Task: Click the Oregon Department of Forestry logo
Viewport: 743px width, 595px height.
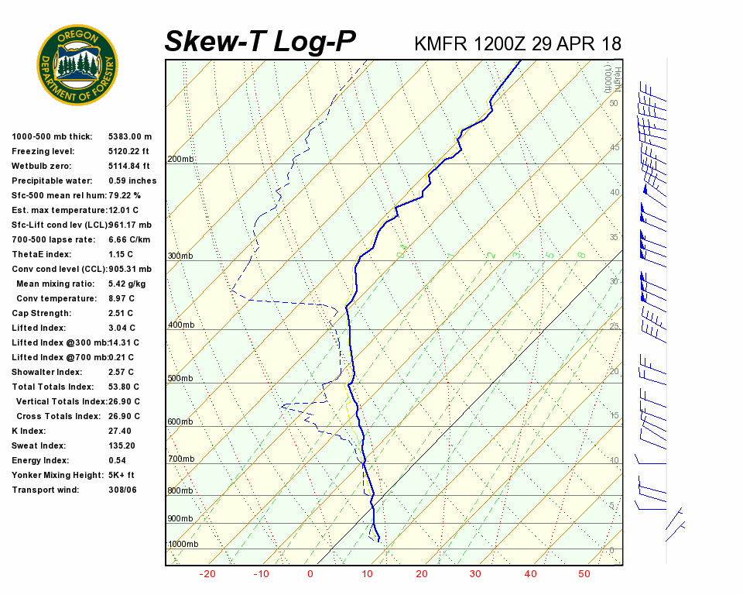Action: tap(77, 64)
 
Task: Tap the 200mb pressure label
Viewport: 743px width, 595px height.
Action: tap(180, 160)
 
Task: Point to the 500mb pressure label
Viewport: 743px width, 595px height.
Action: tap(180, 379)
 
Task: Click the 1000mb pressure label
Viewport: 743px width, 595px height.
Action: tap(183, 545)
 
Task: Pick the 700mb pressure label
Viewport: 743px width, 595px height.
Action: tap(180, 459)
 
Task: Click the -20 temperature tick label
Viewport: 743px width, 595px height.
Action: tap(207, 574)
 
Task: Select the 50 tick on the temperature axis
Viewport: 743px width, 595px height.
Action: tap(584, 574)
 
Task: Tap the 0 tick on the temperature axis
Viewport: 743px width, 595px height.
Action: tap(310, 574)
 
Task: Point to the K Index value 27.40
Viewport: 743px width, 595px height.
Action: tap(120, 431)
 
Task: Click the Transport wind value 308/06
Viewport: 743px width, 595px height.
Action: tap(122, 490)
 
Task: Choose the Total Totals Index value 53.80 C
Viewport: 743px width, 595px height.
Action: tap(124, 387)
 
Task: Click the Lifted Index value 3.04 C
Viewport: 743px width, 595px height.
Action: tap(122, 328)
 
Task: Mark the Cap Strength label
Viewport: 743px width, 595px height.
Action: tap(41, 313)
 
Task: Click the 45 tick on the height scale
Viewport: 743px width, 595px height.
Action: tap(614, 147)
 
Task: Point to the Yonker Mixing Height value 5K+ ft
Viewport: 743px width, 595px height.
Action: tap(122, 475)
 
